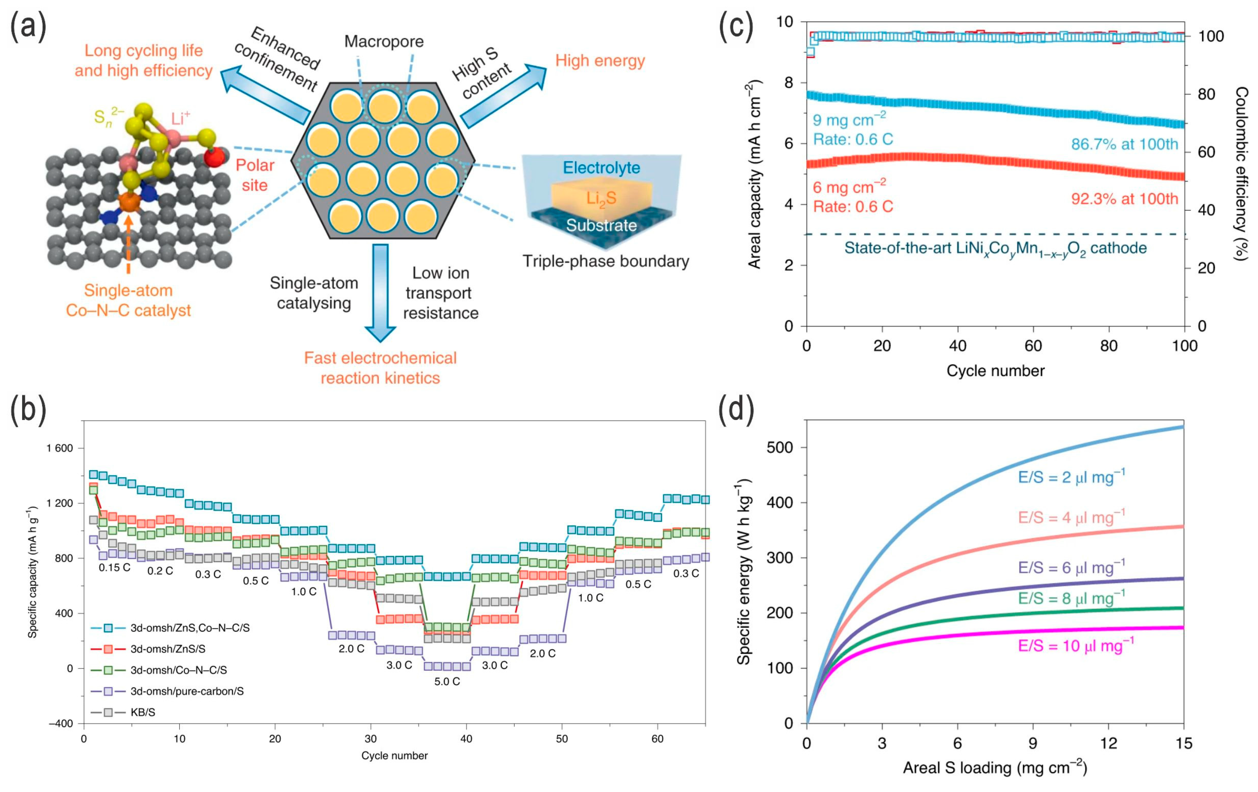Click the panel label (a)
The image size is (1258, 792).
29,27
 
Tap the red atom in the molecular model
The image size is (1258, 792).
214,156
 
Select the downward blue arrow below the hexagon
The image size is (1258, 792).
380,293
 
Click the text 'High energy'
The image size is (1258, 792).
600,61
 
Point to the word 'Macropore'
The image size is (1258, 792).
384,41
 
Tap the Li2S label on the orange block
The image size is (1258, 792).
601,198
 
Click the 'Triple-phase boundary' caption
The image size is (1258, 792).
606,261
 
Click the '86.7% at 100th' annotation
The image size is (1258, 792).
1124,144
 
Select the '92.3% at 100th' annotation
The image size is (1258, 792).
1124,198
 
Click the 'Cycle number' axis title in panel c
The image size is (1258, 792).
995,371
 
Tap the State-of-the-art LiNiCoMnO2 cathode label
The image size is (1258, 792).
995,248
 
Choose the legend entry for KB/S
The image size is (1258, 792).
143,712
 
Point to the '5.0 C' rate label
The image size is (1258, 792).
447,681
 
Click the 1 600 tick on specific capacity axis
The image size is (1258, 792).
60,448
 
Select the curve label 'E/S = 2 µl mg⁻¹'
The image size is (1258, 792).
1071,477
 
